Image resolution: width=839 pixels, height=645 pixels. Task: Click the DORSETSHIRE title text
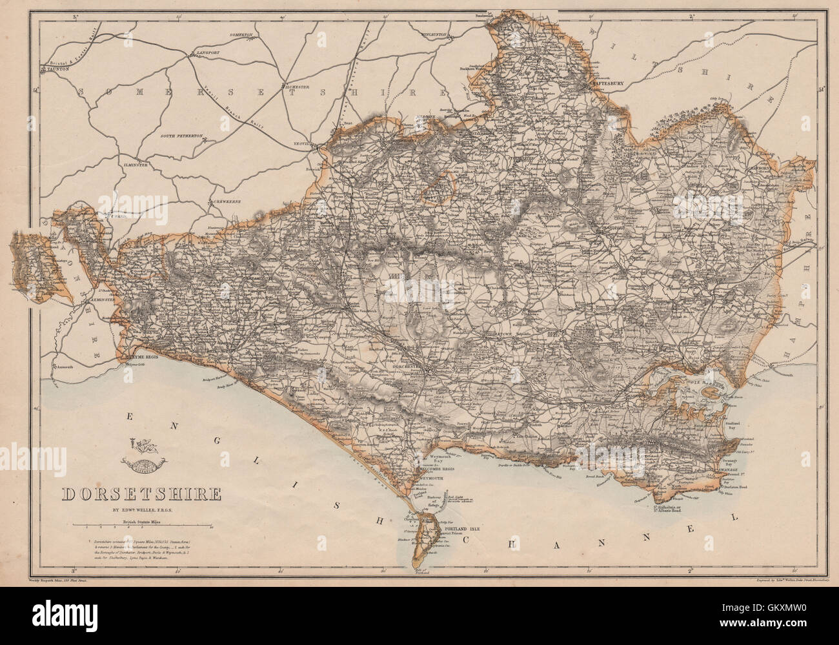141,495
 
